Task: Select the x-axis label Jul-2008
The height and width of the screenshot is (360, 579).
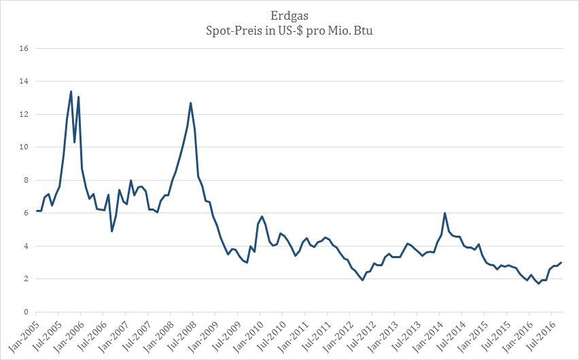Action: (x=182, y=334)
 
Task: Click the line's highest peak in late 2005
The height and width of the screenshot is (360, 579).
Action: (x=71, y=92)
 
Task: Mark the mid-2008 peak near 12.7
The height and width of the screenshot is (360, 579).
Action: (x=190, y=103)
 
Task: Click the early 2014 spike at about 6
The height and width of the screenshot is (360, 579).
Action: (x=444, y=213)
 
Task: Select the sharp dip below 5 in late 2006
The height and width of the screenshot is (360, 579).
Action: (x=112, y=231)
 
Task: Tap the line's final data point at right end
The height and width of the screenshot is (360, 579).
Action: (x=561, y=263)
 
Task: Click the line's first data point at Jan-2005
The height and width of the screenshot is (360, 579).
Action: (x=37, y=211)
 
